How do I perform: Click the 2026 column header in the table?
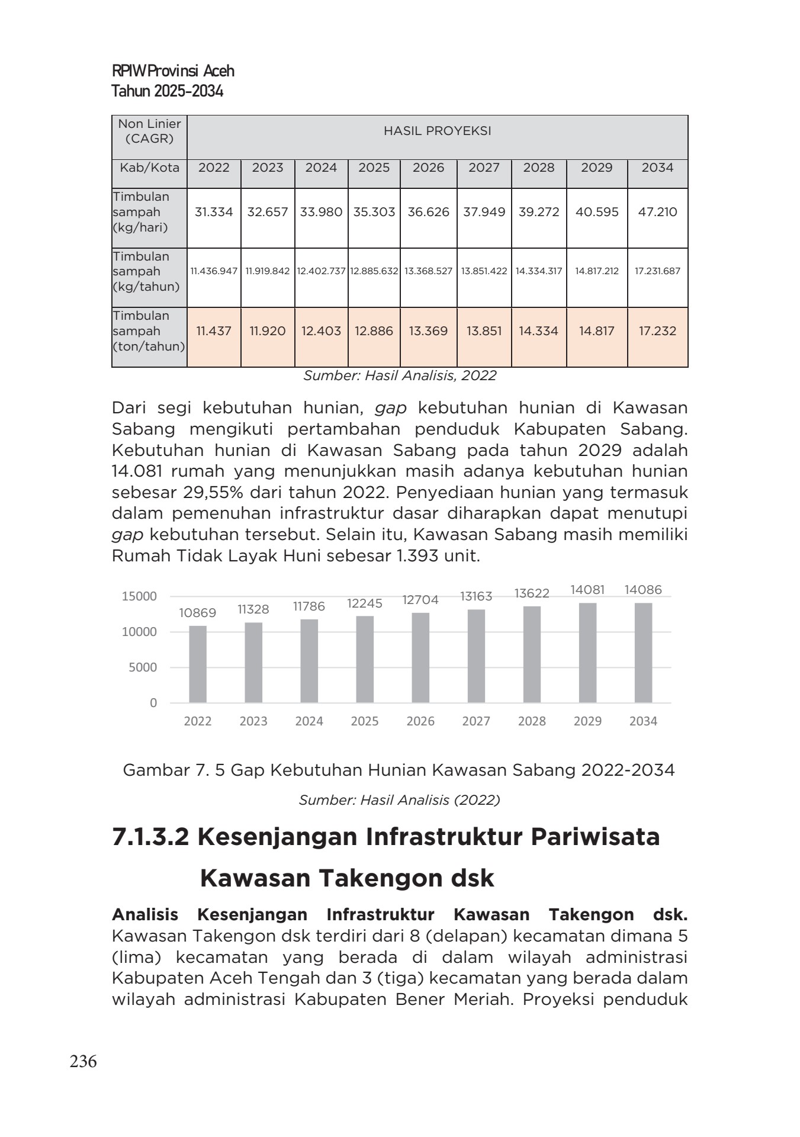pos(428,168)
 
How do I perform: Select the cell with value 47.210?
pos(657,212)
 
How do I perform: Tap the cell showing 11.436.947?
pos(214,271)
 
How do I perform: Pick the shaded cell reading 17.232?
pos(657,331)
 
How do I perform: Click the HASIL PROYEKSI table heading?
pos(437,131)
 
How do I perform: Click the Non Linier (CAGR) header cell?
pos(149,131)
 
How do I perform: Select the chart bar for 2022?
pos(198,664)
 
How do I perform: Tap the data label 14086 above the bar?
pos(643,590)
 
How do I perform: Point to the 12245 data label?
pos(365,603)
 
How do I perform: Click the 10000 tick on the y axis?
pos(140,632)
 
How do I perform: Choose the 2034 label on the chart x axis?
pos(643,721)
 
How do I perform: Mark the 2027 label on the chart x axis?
pos(476,721)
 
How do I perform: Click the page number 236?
pos(83,1062)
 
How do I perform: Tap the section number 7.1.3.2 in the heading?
pos(150,837)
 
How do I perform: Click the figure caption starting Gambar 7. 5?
pos(399,770)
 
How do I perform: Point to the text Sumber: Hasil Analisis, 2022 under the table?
pos(400,375)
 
